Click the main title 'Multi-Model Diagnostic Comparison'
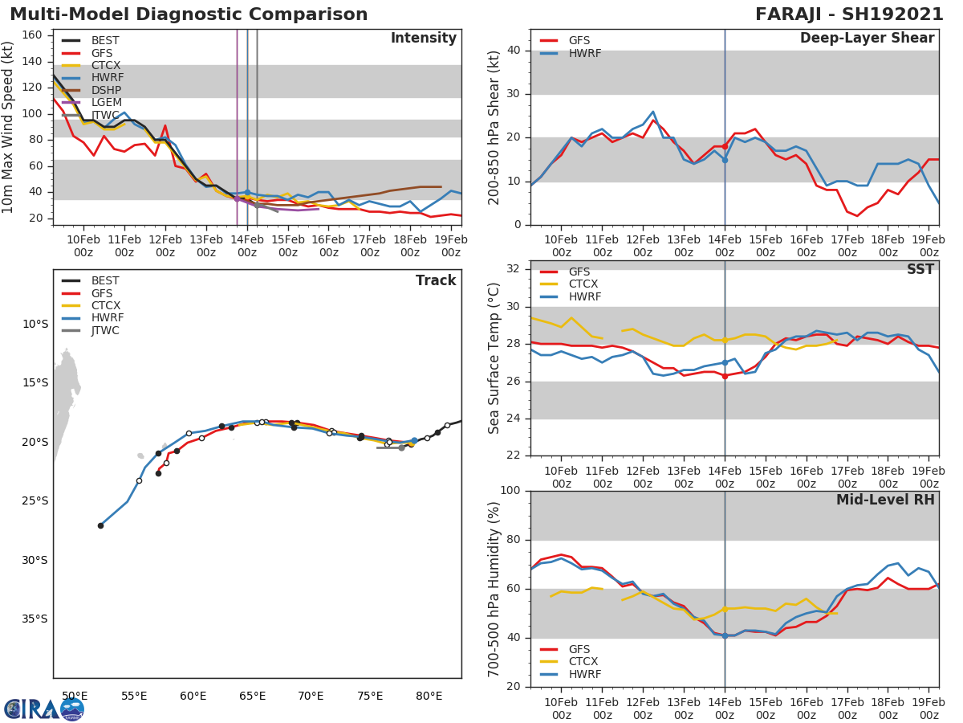point(189,14)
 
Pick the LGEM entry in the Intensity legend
point(106,103)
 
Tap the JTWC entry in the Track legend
point(105,331)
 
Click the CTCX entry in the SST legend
point(583,284)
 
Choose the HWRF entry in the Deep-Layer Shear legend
point(584,54)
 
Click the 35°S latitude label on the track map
point(35,619)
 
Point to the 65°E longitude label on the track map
point(252,696)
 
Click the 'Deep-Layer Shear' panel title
point(867,39)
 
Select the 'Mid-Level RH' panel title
point(885,500)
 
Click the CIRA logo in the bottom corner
point(44,709)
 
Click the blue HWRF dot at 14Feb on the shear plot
point(725,160)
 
